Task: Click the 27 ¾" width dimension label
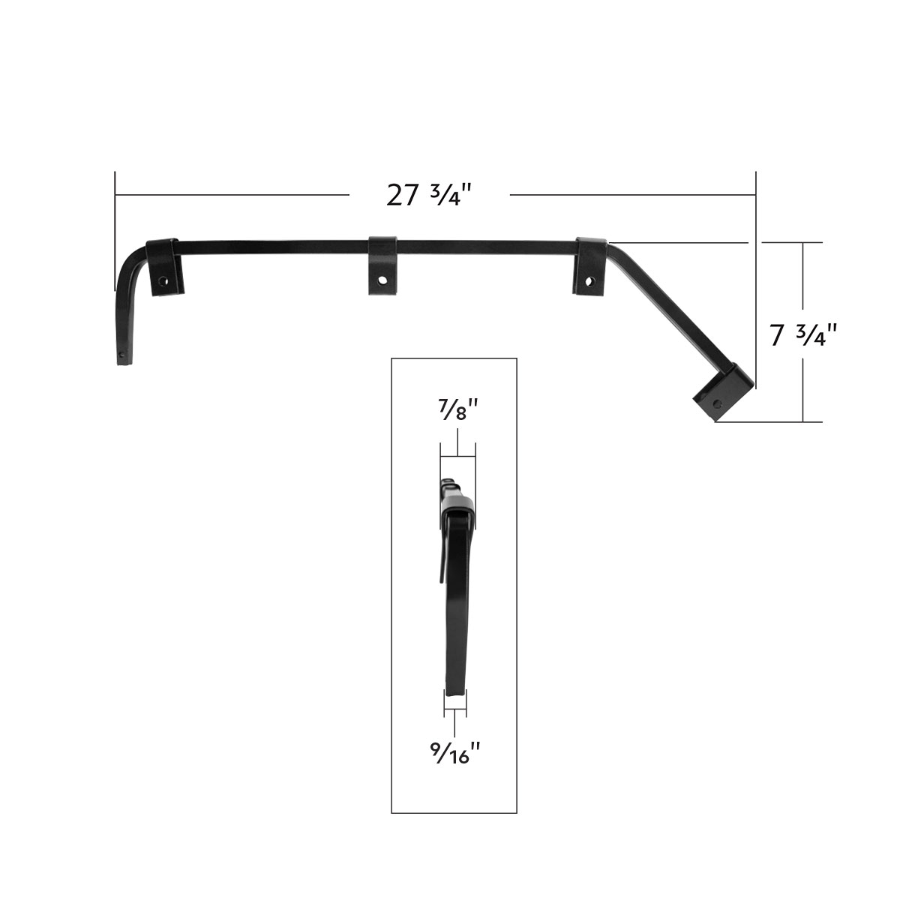point(429,195)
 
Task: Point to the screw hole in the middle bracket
point(383,280)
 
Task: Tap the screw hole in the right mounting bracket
point(589,283)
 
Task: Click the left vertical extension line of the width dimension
point(115,225)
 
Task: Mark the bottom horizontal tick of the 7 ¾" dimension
point(802,422)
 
